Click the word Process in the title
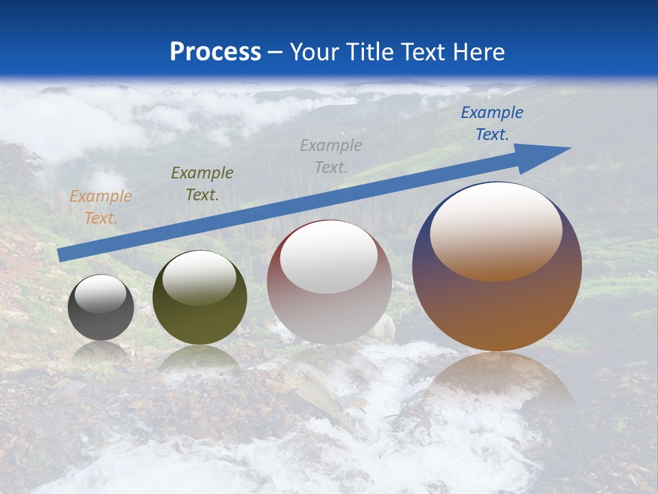(x=215, y=52)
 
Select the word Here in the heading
(x=478, y=52)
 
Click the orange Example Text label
(x=101, y=207)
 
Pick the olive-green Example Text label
(x=202, y=184)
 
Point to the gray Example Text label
(x=331, y=156)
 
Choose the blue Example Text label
(x=491, y=123)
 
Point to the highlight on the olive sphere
(x=199, y=278)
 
